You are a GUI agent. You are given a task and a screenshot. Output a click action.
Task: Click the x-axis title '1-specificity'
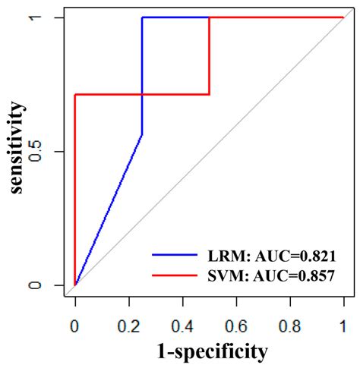click(x=210, y=351)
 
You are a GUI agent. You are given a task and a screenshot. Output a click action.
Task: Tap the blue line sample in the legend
click(x=175, y=256)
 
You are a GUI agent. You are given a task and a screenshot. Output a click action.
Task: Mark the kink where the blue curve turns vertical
click(x=142, y=134)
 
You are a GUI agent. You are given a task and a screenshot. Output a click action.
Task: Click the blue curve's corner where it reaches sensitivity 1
click(x=142, y=17)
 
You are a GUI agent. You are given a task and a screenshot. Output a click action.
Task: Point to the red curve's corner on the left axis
click(x=74, y=94)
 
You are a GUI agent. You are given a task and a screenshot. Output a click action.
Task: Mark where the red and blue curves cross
click(x=142, y=94)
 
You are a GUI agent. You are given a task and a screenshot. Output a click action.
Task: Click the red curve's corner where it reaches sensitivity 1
click(x=209, y=17)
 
